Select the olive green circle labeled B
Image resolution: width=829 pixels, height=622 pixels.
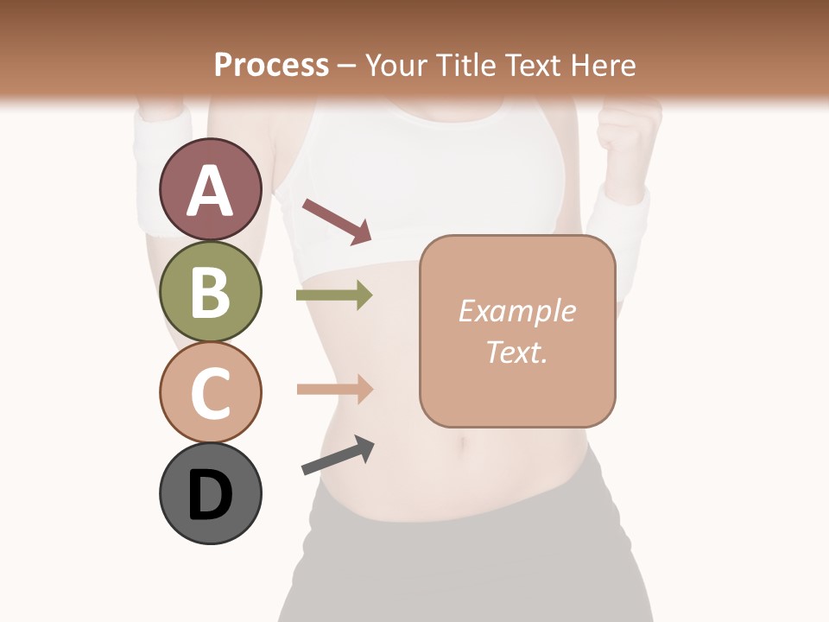click(x=211, y=291)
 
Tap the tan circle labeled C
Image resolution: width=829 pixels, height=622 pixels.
click(x=211, y=392)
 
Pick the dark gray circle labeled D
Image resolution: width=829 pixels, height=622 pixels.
click(x=211, y=493)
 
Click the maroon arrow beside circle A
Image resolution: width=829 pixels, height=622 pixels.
click(x=337, y=220)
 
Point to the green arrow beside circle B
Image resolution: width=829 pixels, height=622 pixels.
click(x=334, y=295)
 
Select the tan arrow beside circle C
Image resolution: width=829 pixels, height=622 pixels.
click(x=334, y=389)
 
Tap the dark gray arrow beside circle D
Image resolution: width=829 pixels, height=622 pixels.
click(x=338, y=455)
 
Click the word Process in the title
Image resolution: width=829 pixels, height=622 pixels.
click(x=271, y=65)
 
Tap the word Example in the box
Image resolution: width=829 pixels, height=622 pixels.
click(x=516, y=311)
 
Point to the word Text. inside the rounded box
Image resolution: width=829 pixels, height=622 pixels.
click(x=516, y=352)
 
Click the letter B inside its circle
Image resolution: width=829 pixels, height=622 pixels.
click(x=211, y=291)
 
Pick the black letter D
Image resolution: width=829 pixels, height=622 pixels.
click(x=211, y=495)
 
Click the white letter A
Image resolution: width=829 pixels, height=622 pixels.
click(x=211, y=190)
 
